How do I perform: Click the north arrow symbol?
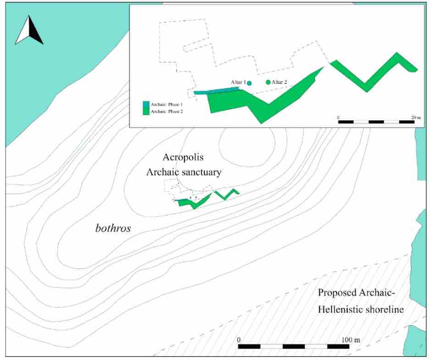29,31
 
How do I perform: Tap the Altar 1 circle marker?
249,83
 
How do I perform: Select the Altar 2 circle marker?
268,82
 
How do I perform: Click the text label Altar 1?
238,82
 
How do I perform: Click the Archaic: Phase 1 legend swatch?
146,104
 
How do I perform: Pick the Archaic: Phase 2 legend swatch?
146,111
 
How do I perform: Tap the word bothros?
113,228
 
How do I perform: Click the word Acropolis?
183,157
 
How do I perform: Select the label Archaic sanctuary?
183,172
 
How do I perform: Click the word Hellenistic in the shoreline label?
341,310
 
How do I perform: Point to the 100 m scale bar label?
352,340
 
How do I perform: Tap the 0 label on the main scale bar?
239,340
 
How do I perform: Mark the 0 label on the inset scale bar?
338,118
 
